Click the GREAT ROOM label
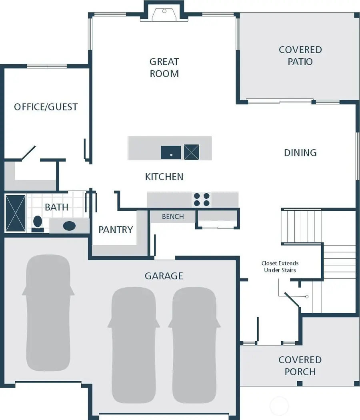pos(164,68)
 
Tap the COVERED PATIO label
pos(300,56)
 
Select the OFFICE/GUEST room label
pos(46,107)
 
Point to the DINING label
pos(300,152)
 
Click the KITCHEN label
pos(164,176)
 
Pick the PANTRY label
pos(116,230)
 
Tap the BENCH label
pos(173,216)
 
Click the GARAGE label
pos(164,276)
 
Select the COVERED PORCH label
pos(300,366)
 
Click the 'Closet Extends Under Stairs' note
pos(280,266)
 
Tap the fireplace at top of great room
pos(164,14)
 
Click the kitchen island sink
pos(171,152)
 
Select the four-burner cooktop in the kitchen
pos(202,200)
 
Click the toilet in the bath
pos(38,223)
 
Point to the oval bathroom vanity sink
pos(69,226)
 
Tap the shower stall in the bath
pos(15,213)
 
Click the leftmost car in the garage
pos(48,314)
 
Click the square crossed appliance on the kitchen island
pos(191,152)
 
